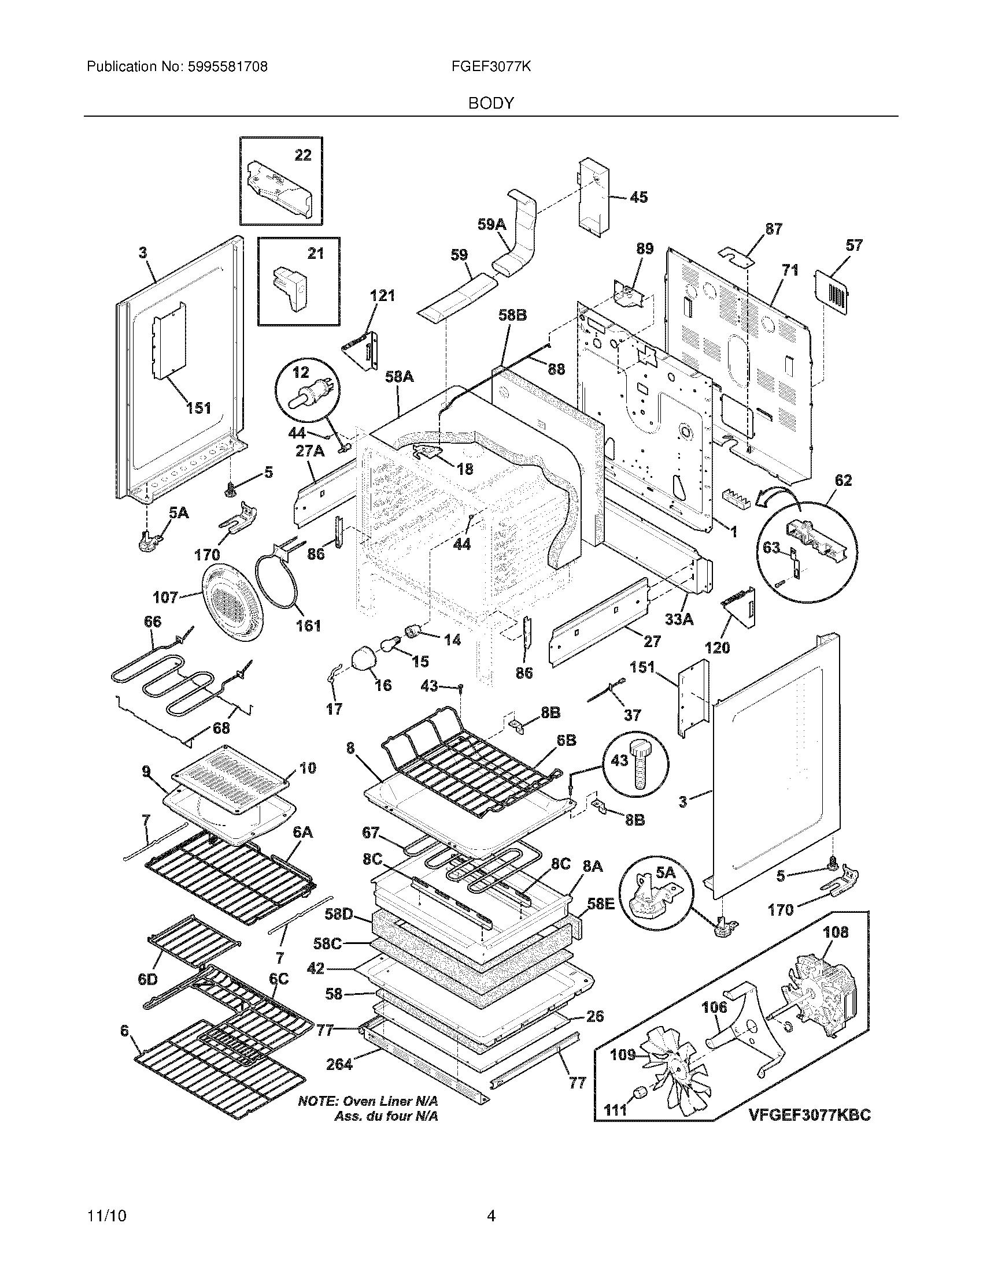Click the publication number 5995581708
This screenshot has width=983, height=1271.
pos(228,67)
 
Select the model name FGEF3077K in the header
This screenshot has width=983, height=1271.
pos(491,67)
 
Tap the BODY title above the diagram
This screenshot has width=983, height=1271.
pos(491,103)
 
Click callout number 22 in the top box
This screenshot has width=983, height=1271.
pos(303,155)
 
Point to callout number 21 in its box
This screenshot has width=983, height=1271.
pos(315,254)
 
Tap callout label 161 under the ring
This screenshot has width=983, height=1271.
pos(308,626)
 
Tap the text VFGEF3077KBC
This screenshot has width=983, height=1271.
pos(810,1114)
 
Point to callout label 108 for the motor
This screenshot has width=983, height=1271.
pos(836,932)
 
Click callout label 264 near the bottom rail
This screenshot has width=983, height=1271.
pos(339,1064)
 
